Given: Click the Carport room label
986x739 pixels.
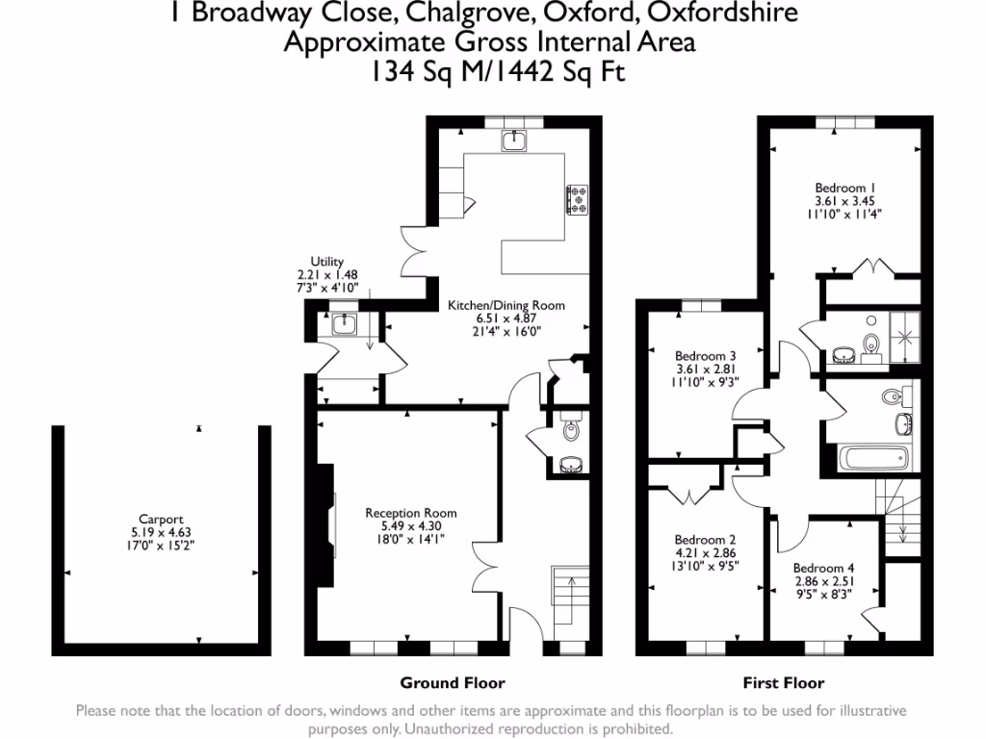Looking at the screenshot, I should [160, 517].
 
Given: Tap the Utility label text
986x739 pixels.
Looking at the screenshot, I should [326, 261].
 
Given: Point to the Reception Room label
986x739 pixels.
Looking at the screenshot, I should [411, 513].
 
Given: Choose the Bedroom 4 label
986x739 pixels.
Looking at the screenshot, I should [824, 568].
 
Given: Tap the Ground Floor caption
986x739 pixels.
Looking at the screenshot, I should [453, 683].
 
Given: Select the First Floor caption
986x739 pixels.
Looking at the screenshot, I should [783, 683].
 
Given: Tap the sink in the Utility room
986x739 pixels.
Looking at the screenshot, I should [344, 324].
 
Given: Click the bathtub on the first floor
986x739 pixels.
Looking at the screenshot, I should [865, 460].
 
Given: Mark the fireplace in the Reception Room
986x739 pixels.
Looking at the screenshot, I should [332, 525].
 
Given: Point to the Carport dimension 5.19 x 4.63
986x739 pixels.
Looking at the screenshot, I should [160, 530].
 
